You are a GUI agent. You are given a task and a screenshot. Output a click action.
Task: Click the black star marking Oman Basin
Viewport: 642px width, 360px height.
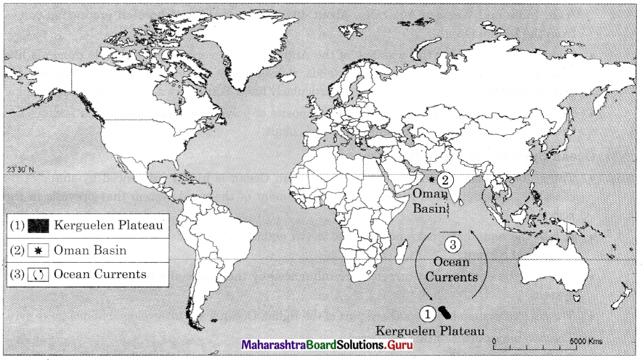click(x=431, y=179)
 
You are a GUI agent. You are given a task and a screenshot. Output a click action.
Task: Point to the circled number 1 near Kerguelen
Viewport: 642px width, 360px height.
click(x=428, y=313)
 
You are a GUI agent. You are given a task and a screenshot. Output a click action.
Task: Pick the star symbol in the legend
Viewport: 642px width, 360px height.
click(x=40, y=250)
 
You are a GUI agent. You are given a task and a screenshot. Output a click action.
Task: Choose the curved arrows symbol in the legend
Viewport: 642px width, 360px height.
click(x=40, y=274)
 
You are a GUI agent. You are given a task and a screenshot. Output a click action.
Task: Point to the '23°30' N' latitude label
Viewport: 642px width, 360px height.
click(x=21, y=169)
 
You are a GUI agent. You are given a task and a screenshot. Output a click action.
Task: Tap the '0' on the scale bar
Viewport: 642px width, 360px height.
click(x=494, y=341)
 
